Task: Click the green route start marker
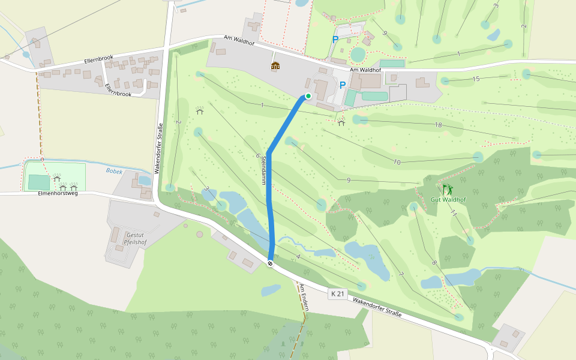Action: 308,95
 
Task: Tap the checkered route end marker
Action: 271,262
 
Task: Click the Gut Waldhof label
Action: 448,199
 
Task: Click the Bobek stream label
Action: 114,171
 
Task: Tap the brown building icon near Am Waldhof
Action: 275,65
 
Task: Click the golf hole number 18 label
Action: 438,124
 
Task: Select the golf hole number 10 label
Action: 397,162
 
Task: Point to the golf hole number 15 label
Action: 476,79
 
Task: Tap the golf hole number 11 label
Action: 454,214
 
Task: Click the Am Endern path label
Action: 305,296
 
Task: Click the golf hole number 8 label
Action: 433,262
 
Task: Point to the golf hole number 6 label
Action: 257,155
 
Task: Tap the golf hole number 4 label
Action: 298,257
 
